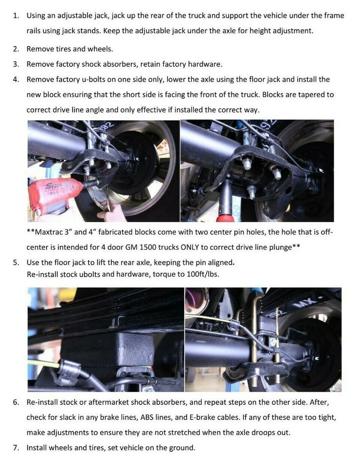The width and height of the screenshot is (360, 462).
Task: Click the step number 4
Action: (x=15, y=79)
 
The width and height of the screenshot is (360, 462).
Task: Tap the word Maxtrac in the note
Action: (x=49, y=232)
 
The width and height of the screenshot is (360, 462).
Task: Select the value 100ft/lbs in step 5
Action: (x=203, y=274)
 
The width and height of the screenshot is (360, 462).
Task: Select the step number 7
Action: (x=15, y=448)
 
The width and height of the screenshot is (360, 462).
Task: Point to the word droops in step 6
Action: (x=260, y=433)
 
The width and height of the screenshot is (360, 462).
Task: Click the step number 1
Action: (x=15, y=15)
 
